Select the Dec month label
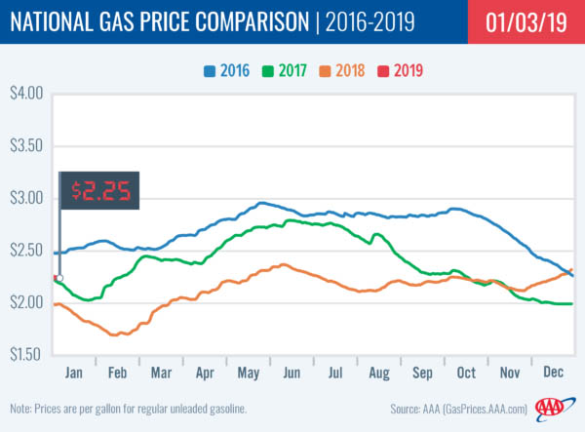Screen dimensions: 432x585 pyautogui.click(x=552, y=372)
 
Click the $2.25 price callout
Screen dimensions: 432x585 pyautogui.click(x=100, y=190)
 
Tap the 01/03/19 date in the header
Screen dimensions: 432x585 pyautogui.click(x=512, y=20)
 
